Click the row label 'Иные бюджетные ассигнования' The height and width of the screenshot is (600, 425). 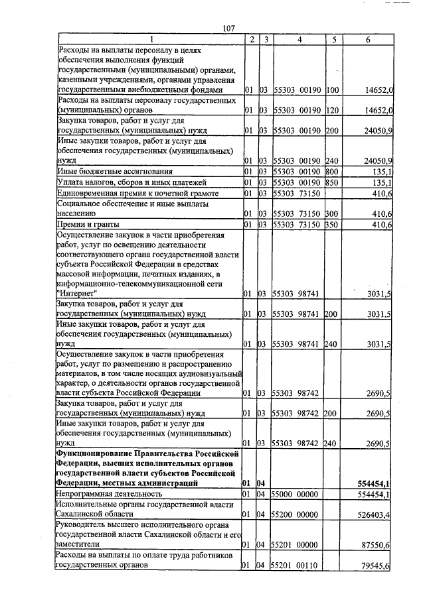116,172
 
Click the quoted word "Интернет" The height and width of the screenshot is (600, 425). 78,292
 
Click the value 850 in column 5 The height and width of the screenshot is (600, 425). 333,182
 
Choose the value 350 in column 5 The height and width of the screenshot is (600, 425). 333,225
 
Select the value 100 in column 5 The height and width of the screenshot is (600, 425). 333,89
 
